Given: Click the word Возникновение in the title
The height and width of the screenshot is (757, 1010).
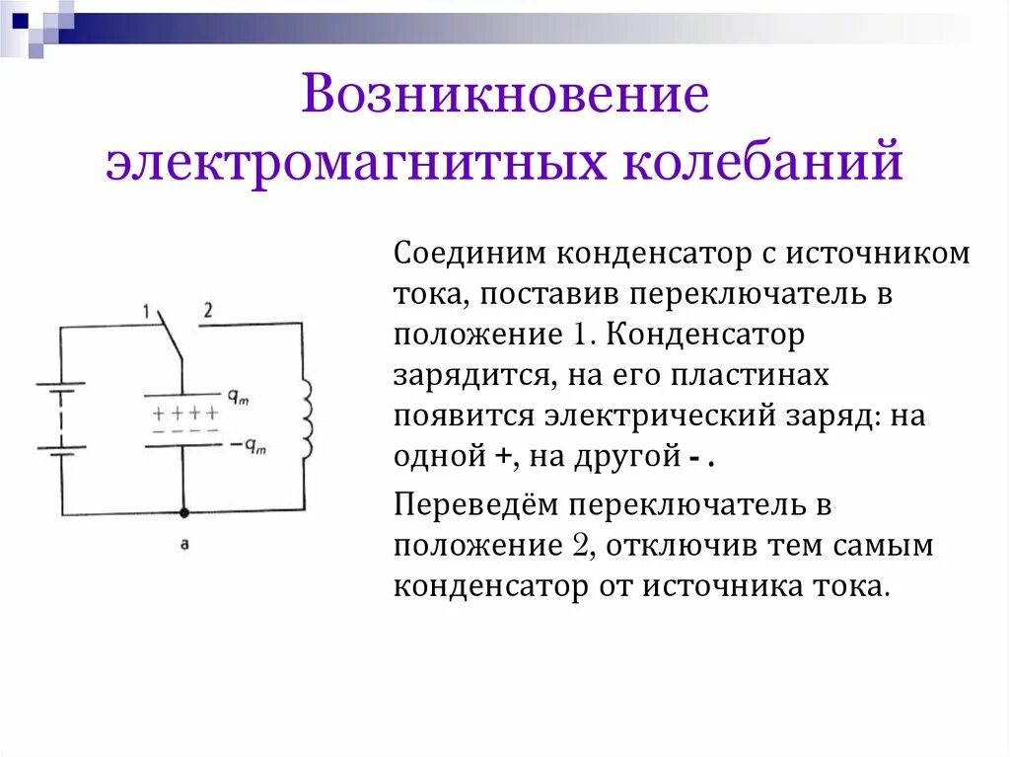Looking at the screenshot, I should pyautogui.click(x=505, y=99).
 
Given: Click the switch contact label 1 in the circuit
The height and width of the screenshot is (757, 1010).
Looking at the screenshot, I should pyautogui.click(x=145, y=313).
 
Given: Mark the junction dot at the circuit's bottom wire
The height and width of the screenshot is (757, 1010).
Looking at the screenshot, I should pyautogui.click(x=183, y=513).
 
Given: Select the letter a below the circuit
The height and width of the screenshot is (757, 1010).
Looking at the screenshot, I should pyautogui.click(x=183, y=544).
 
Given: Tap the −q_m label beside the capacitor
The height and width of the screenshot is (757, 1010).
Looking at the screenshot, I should pyautogui.click(x=253, y=445).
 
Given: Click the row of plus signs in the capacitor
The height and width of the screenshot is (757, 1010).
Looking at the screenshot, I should pyautogui.click(x=184, y=413).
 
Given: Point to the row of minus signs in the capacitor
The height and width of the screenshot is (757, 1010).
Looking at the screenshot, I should pyautogui.click(x=184, y=431).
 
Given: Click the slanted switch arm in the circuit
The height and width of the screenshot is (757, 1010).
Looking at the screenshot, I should pyautogui.click(x=170, y=340).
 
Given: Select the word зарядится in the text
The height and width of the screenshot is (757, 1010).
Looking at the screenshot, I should pyautogui.click(x=456, y=377).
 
